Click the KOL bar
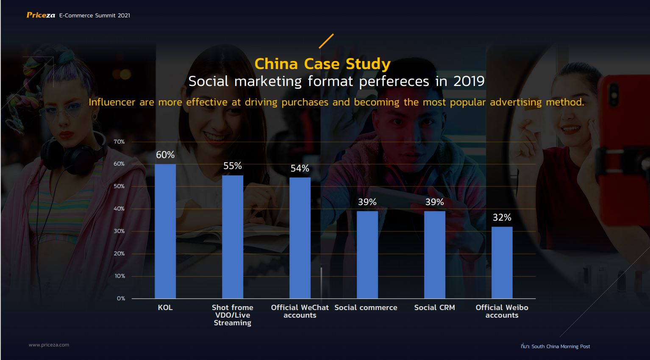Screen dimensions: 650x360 coord(165,231)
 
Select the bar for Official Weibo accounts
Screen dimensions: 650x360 coord(502,263)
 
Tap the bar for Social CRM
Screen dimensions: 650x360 coord(435,255)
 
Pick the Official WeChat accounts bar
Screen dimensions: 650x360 coord(300,238)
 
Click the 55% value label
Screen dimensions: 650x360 coord(233,166)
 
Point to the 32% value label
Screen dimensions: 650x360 coord(502,217)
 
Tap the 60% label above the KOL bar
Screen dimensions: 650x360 coord(165,155)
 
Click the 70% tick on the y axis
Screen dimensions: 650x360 coord(119,141)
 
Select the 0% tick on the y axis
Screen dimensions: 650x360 coord(121,298)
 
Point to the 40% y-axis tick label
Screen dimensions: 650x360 coord(119,208)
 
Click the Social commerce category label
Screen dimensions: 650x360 coord(366,307)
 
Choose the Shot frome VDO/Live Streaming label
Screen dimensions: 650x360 coord(233,316)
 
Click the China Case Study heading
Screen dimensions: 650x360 coord(322,64)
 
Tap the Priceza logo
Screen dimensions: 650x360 coord(41,15)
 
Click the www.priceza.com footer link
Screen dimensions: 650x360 coord(49,345)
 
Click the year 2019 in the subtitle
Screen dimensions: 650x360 coord(469,81)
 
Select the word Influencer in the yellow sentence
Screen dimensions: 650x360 coord(112,102)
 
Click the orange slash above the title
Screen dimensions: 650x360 coord(326,41)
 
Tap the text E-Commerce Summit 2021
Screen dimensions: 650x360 coord(94,15)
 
